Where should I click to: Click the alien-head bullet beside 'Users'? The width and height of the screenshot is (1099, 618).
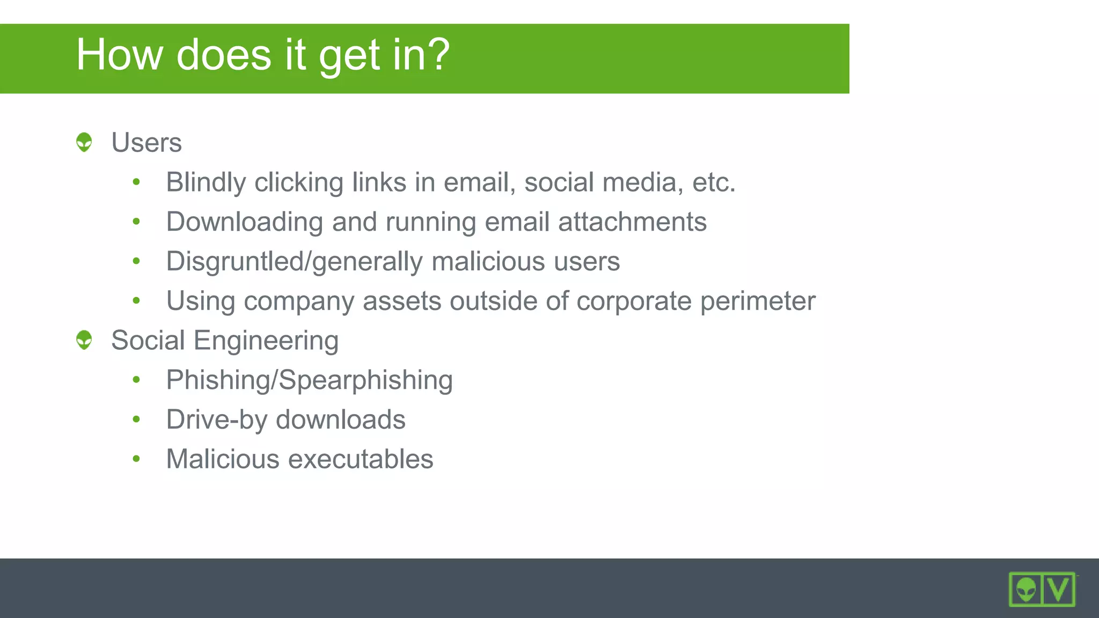click(x=84, y=142)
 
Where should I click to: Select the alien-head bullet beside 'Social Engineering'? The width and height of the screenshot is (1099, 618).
click(x=84, y=340)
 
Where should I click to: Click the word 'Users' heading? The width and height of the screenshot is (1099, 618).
click(x=146, y=143)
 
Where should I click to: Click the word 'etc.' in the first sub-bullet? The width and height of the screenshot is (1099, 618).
click(x=713, y=182)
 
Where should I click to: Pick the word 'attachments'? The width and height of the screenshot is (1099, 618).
click(x=632, y=222)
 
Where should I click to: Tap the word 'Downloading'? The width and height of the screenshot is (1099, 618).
click(x=245, y=222)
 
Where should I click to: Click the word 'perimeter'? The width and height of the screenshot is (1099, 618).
click(x=758, y=301)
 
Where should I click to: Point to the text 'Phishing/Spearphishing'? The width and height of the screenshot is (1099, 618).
click(x=309, y=380)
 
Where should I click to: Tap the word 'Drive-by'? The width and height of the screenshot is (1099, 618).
click(x=216, y=420)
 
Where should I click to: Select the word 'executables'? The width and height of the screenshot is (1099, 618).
click(x=361, y=459)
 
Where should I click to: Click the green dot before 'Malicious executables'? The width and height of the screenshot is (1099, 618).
click(x=136, y=459)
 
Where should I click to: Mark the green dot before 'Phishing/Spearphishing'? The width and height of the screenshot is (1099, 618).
click(x=136, y=380)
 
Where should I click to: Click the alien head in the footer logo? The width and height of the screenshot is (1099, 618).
click(x=1026, y=590)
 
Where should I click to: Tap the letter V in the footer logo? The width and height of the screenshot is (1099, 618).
click(x=1058, y=589)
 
